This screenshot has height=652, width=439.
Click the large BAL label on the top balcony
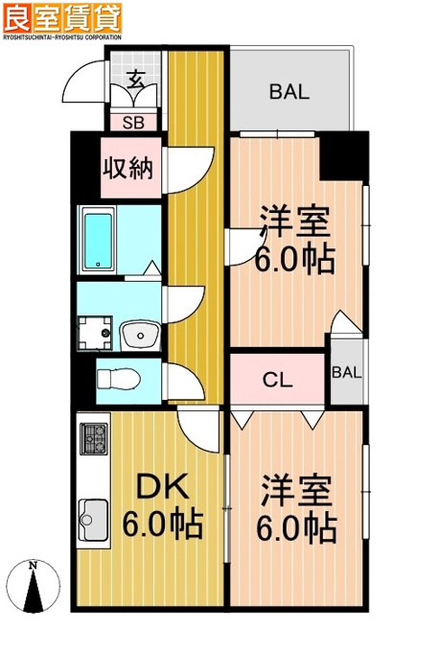pos(289,92)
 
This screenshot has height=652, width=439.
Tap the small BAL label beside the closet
pos(347,372)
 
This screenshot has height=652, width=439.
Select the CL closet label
pos(277,380)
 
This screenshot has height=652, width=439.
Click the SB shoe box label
pos(133,123)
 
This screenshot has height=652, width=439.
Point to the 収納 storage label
pos(128,168)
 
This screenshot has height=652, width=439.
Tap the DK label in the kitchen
pos(163,486)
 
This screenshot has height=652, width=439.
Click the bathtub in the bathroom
pos(99,241)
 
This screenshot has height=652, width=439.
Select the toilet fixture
pos(119,380)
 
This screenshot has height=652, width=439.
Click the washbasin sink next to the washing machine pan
pos(141,335)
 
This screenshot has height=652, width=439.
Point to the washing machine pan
pos(95,333)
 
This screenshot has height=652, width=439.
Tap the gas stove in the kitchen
pos(94,438)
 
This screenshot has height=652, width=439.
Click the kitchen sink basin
pos(93,520)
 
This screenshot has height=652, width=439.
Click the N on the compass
pos(33,565)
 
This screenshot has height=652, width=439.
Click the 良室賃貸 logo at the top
pos(62,18)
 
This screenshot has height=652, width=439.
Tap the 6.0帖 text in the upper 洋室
pos(295,259)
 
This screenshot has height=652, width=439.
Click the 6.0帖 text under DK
pos(163,524)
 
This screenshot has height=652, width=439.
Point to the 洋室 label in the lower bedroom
pos(296,491)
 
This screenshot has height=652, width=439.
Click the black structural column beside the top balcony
pos(344,156)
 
